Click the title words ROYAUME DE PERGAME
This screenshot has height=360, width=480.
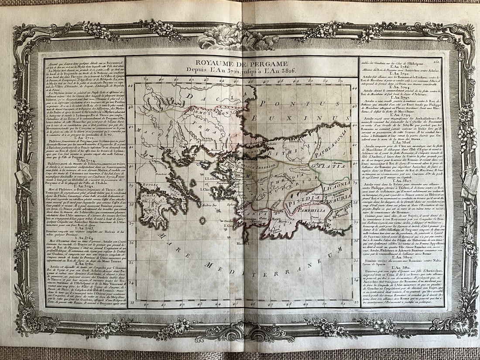coord(242,62)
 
